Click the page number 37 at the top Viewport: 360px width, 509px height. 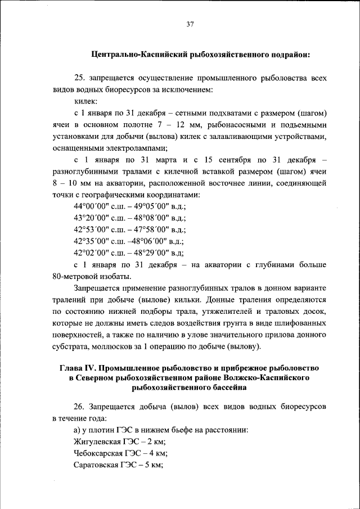pos(190,24)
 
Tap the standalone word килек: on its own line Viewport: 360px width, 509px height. pos(86,101)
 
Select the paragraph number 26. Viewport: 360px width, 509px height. pos(80,406)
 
